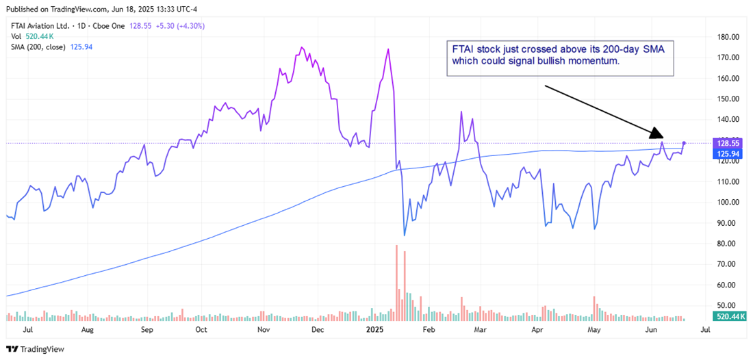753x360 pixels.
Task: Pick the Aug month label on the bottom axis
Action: [x=87, y=329]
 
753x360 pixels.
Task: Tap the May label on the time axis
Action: [x=593, y=329]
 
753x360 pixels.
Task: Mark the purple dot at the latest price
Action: [x=684, y=142]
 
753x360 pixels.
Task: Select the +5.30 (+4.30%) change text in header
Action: [x=183, y=26]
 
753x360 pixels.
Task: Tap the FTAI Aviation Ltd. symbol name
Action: [x=42, y=26]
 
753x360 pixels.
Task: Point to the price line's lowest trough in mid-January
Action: [x=405, y=235]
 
